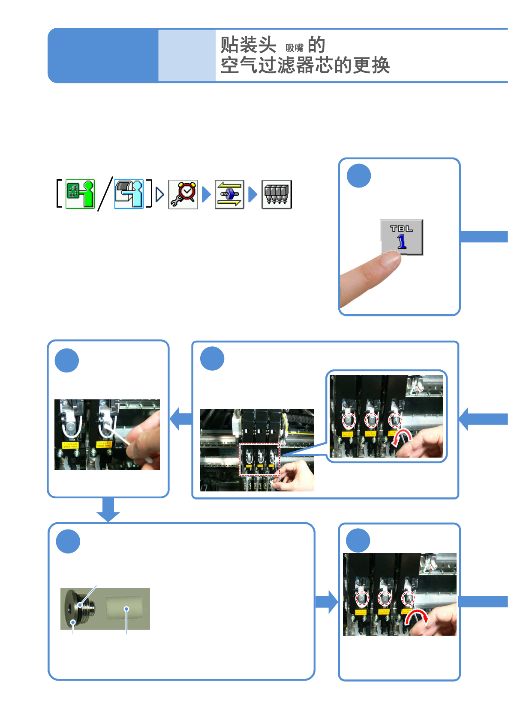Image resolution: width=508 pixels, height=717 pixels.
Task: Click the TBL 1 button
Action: tap(401, 237)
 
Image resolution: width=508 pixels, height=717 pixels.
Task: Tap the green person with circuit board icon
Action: tap(80, 194)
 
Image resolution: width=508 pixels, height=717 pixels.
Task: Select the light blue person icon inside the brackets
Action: tap(129, 194)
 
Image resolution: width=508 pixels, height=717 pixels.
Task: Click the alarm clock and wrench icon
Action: tap(183, 194)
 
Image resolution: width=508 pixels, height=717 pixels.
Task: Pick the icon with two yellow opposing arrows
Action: tap(229, 194)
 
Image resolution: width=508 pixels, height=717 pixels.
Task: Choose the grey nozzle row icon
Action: tap(277, 194)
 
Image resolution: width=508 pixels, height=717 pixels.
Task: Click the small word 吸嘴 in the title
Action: tap(294, 48)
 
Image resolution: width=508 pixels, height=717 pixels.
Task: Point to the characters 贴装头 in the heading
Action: tap(248, 45)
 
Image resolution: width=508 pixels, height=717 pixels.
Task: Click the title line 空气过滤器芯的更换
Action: tap(305, 65)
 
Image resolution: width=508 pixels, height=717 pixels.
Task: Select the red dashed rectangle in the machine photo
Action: tap(259, 459)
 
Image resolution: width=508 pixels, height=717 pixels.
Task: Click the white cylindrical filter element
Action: tap(124, 608)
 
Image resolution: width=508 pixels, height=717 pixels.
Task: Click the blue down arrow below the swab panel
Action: tap(108, 510)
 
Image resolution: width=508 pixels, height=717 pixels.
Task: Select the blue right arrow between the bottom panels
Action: tap(327, 602)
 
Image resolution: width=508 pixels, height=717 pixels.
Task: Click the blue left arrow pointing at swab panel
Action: tap(180, 419)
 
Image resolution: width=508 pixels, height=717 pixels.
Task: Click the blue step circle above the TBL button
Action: tap(358, 176)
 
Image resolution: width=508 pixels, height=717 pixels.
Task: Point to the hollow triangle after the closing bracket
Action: tap(159, 195)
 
